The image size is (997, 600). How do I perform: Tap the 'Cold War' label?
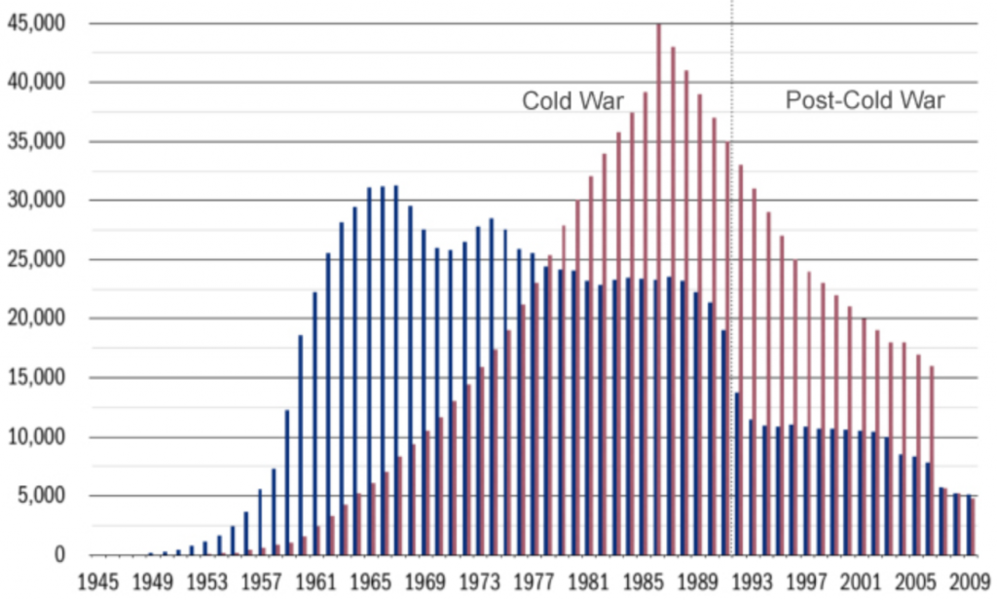point(572,101)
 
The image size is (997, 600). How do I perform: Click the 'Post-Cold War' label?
point(865,99)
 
